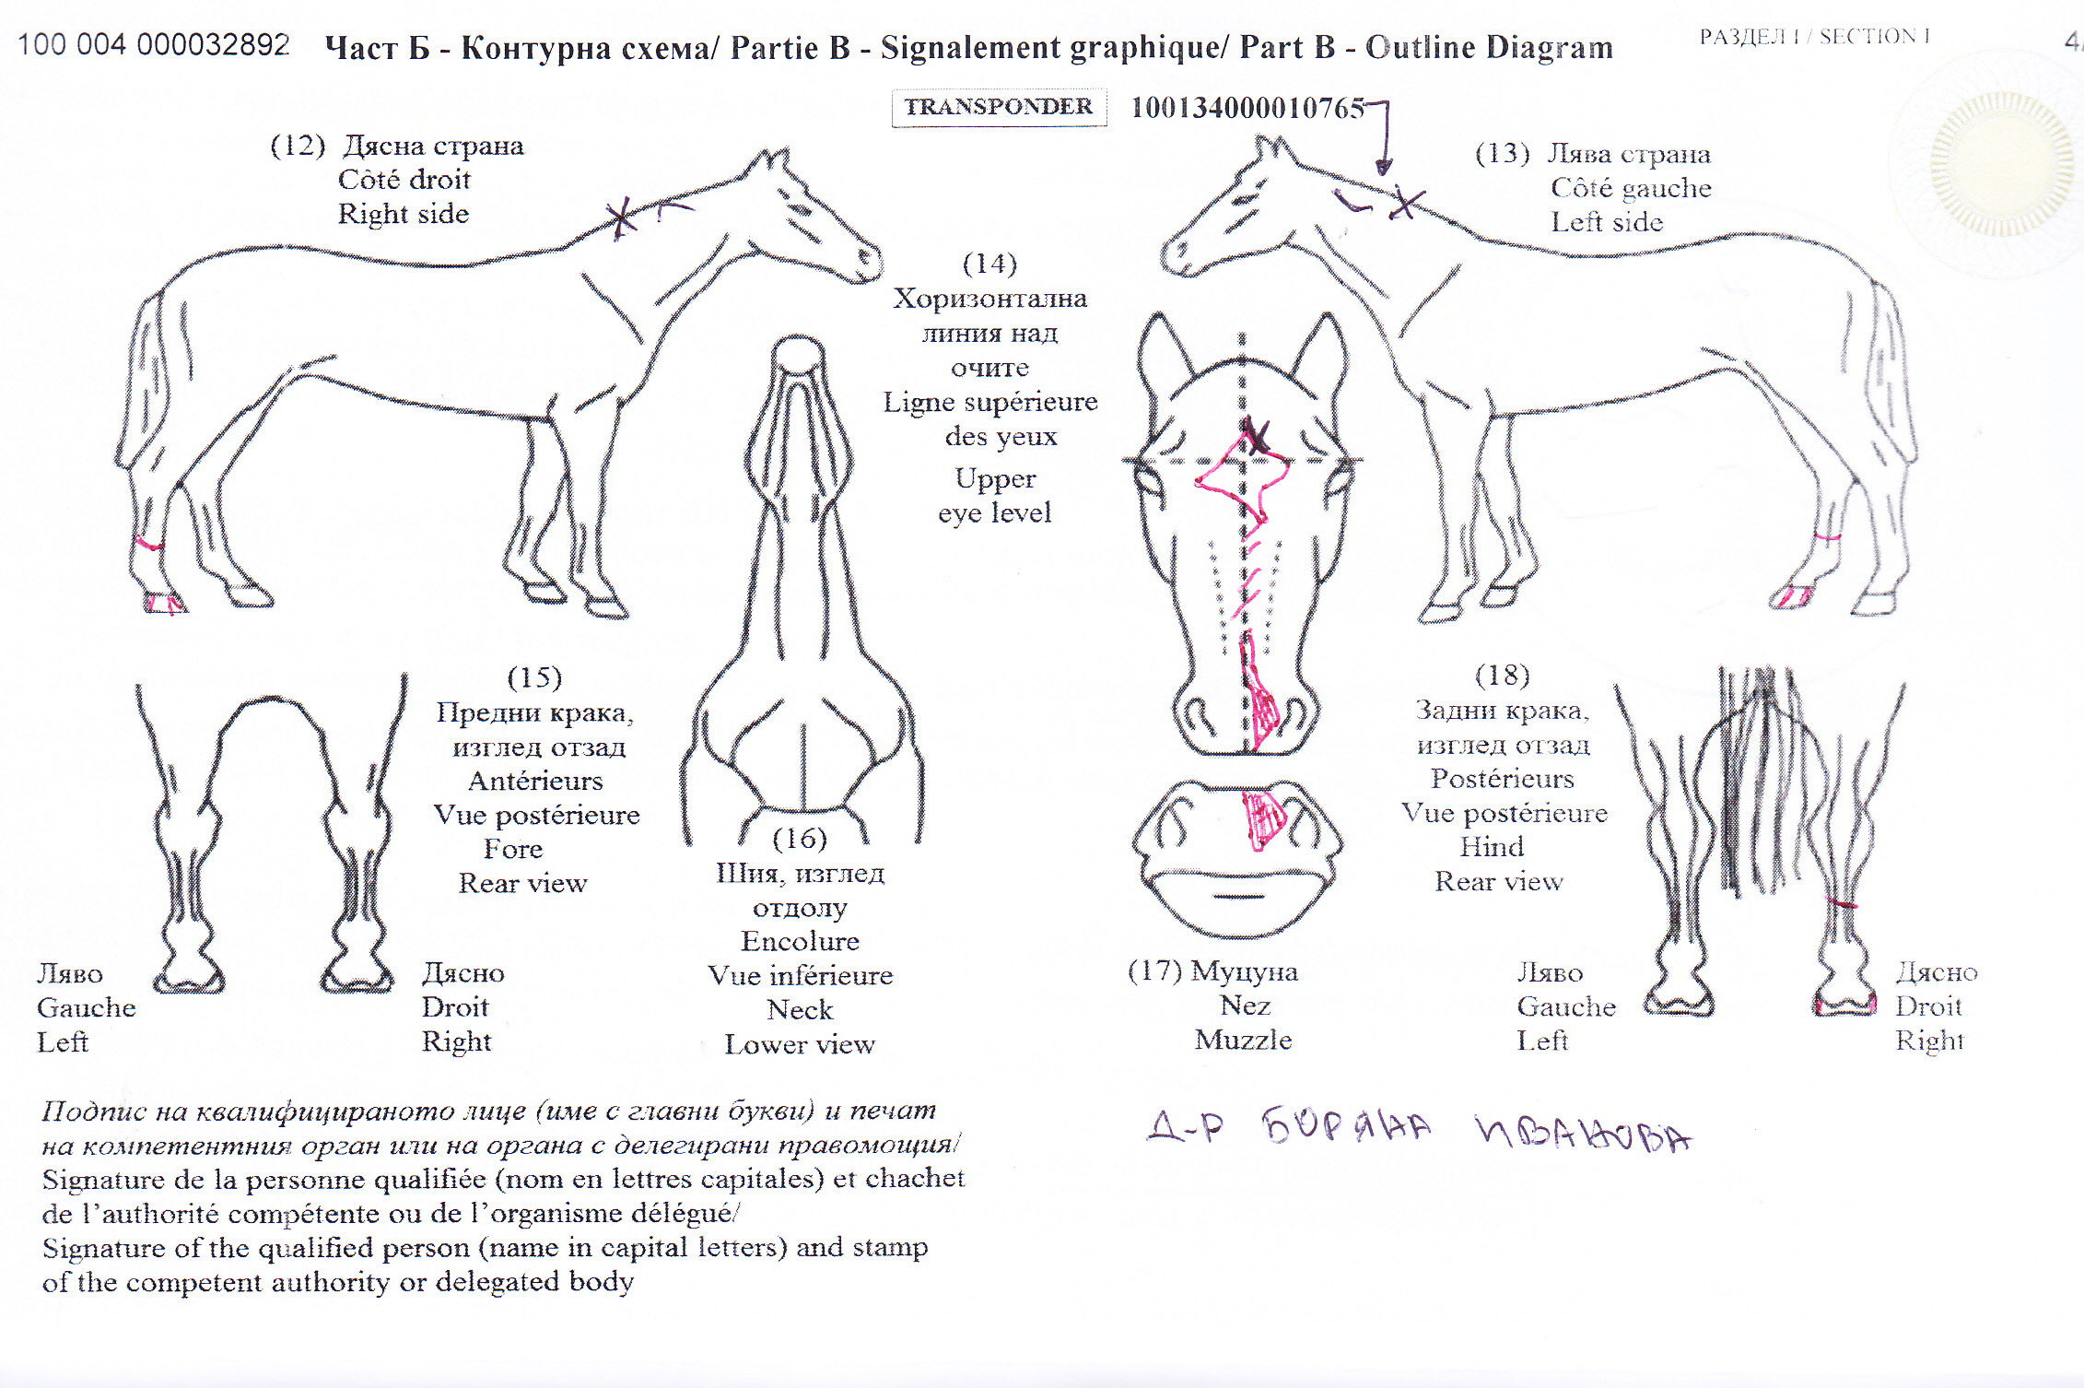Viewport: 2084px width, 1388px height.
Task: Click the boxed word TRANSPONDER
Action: [x=999, y=107]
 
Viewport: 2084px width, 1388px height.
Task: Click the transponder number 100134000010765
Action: [x=1247, y=108]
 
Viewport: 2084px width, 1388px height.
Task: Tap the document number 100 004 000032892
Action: [x=154, y=44]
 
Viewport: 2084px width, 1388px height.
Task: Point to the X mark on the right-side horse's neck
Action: [x=622, y=218]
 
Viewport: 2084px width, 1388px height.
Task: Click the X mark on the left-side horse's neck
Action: [x=1405, y=203]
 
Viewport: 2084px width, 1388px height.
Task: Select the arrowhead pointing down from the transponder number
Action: [x=1383, y=166]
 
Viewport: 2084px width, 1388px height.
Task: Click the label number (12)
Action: [x=298, y=146]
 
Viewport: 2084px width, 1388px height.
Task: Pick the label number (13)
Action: [x=1502, y=153]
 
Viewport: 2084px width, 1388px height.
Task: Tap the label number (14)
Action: [x=989, y=264]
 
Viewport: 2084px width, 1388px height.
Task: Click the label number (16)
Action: [x=799, y=839]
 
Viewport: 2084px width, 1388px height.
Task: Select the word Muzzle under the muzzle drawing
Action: [x=1243, y=1040]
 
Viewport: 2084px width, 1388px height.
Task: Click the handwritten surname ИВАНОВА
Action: [x=1584, y=1134]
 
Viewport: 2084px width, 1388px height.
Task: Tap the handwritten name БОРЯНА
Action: [x=1347, y=1126]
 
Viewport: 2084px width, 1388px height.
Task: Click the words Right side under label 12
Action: [x=404, y=214]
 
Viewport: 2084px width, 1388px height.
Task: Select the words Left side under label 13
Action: [x=1607, y=222]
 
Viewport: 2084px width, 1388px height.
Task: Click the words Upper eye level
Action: [x=995, y=496]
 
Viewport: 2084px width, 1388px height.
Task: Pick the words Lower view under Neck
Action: [x=799, y=1044]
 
